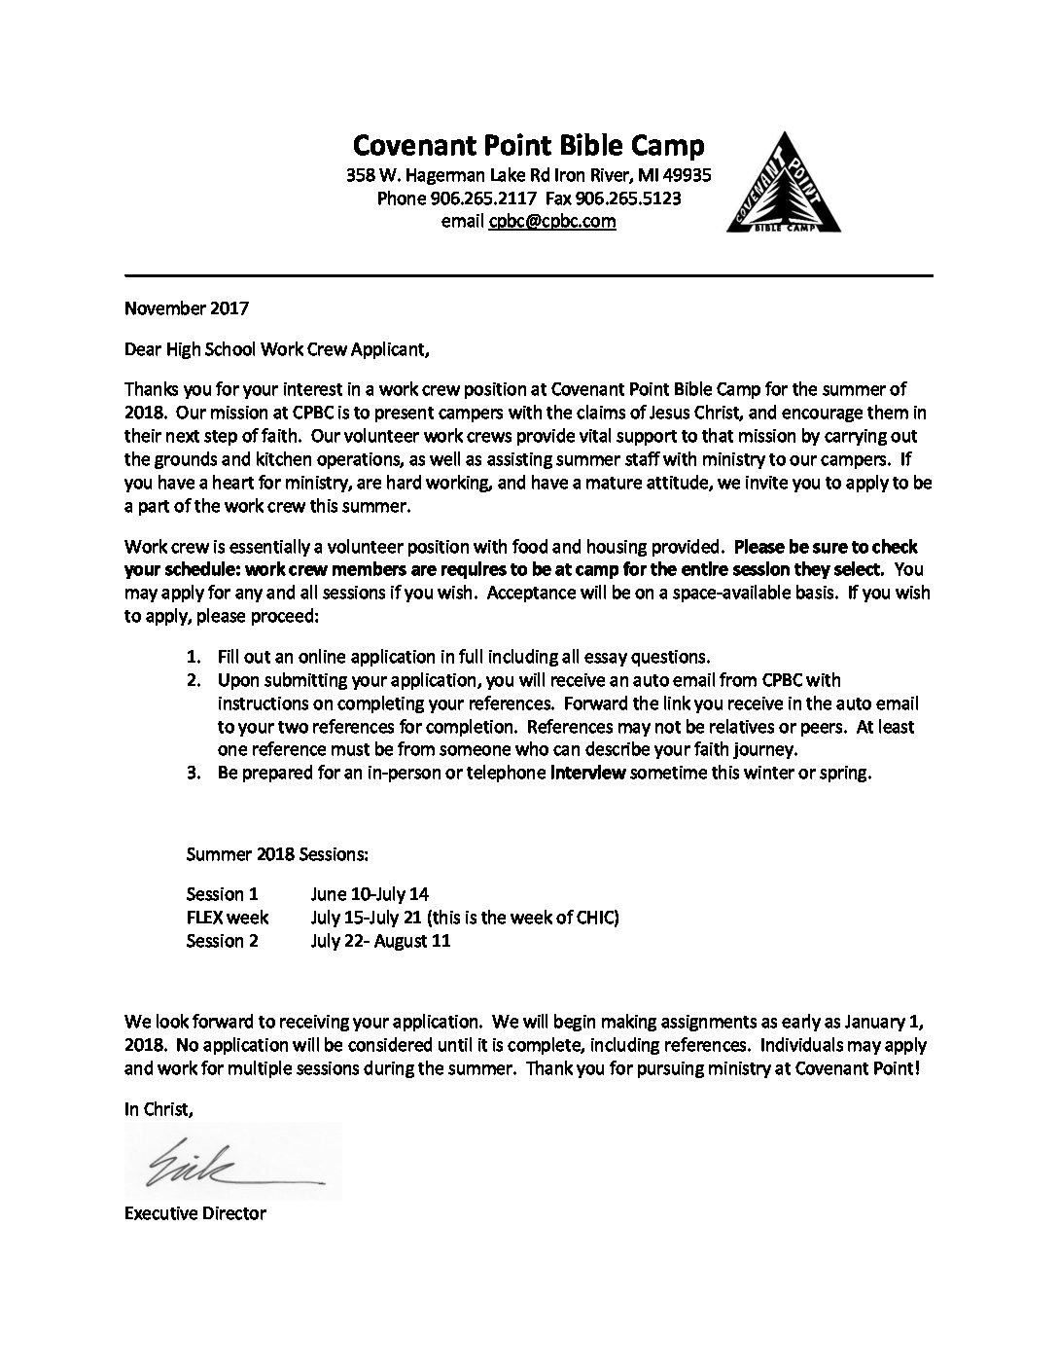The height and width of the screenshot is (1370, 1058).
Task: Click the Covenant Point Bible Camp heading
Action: click(x=528, y=146)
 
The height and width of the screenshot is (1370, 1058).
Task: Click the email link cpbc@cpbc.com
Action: click(x=552, y=221)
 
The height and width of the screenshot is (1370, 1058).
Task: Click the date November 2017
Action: click(x=187, y=309)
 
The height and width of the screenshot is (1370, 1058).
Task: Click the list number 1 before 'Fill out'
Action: click(x=193, y=657)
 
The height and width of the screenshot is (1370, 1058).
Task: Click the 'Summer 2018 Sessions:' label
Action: click(x=277, y=854)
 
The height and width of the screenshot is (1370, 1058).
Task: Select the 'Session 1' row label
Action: click(x=223, y=893)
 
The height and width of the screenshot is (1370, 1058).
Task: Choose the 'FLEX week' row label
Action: click(x=228, y=917)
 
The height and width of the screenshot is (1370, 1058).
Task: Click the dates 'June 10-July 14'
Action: click(x=370, y=893)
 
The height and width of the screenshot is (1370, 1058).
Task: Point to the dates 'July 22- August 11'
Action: click(x=381, y=940)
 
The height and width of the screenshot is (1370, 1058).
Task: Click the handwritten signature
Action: click(x=233, y=1161)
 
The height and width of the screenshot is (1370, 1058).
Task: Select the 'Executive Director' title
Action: click(x=195, y=1213)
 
